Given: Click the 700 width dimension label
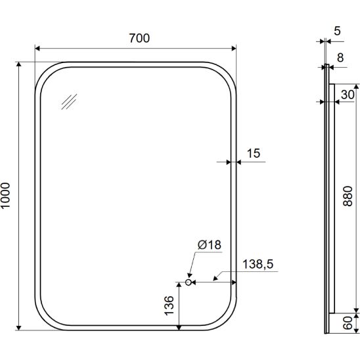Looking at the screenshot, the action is (139, 38).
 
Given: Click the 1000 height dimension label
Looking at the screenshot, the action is (5, 196).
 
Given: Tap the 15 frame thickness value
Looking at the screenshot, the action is (254, 153).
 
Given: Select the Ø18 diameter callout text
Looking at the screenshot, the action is (210, 245).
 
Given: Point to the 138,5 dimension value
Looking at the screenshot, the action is (258, 264).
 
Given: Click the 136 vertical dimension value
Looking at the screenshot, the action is (169, 305).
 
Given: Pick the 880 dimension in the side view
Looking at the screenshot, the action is (348, 196).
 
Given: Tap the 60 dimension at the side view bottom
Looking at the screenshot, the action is (348, 323).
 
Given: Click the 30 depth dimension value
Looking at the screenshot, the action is (348, 95).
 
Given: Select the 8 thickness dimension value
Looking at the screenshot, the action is (340, 58).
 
